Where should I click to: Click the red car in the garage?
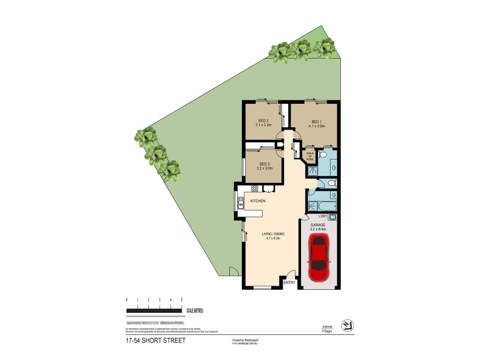318,253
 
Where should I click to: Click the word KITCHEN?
258,200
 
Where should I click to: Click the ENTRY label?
289,283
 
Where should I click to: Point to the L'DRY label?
322,216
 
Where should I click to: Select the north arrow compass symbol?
347,325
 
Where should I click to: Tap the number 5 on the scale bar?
181,299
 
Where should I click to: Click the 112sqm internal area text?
328,330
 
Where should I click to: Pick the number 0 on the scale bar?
127,299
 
